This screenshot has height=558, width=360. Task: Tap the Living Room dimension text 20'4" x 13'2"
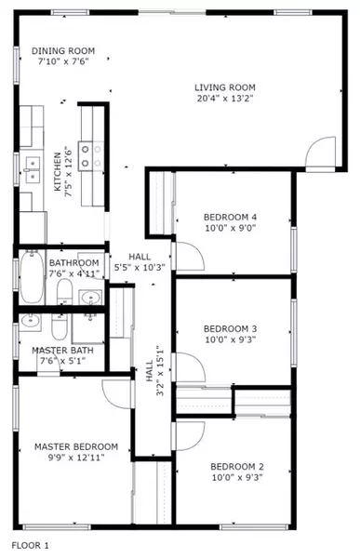pyautogui.click(x=223, y=98)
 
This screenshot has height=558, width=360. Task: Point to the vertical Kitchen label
pyautogui.click(x=58, y=172)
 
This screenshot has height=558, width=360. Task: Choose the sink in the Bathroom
pyautogui.click(x=89, y=298)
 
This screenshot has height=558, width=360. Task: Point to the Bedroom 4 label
pyautogui.click(x=230, y=218)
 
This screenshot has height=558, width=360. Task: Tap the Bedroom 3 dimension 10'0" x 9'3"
pyautogui.click(x=230, y=341)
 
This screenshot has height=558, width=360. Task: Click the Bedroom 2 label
pyautogui.click(x=236, y=466)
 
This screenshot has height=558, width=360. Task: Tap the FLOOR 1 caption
pyautogui.click(x=30, y=545)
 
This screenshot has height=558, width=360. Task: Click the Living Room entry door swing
pyautogui.click(x=321, y=152)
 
